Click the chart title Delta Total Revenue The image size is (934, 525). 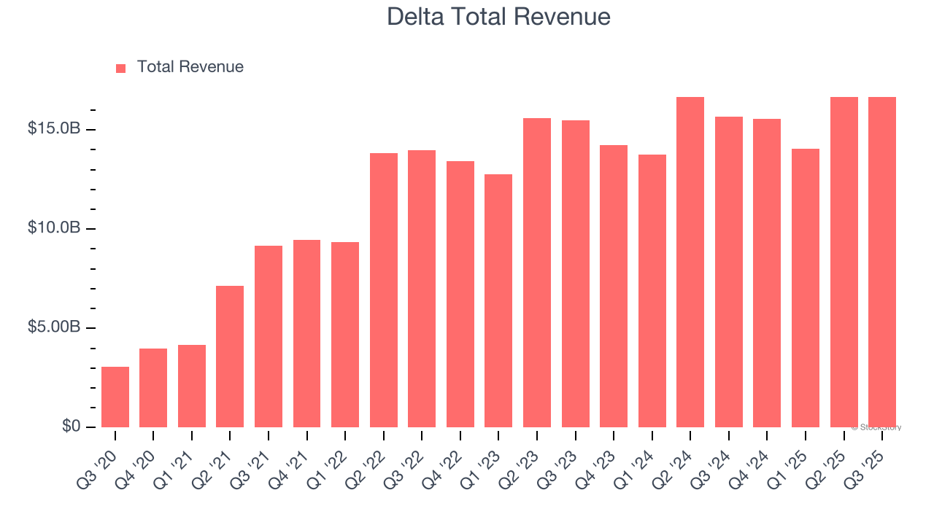498,16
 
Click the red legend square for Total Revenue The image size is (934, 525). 121,68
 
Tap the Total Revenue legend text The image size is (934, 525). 190,67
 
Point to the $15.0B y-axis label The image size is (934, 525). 54,129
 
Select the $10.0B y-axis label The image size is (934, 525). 54,228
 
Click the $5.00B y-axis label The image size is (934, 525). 54,327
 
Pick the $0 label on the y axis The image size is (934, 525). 71,426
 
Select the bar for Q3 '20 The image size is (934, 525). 115,397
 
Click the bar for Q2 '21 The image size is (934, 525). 230,357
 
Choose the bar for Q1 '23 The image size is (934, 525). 498,300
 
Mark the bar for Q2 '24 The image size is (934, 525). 690,262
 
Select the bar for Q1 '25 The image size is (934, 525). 806,288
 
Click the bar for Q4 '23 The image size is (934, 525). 614,286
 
